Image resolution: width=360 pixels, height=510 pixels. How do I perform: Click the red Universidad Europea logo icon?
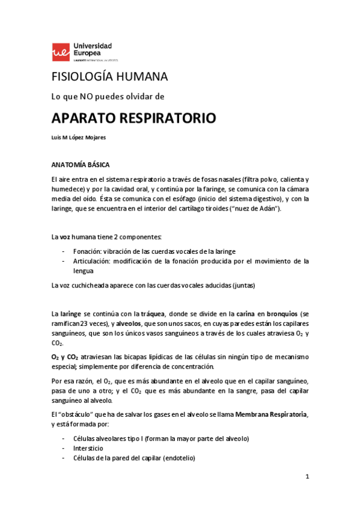click(x=61, y=52)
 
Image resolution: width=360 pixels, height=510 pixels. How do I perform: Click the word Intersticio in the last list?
click(x=88, y=448)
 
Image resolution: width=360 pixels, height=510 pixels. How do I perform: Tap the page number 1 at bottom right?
click(x=307, y=477)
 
